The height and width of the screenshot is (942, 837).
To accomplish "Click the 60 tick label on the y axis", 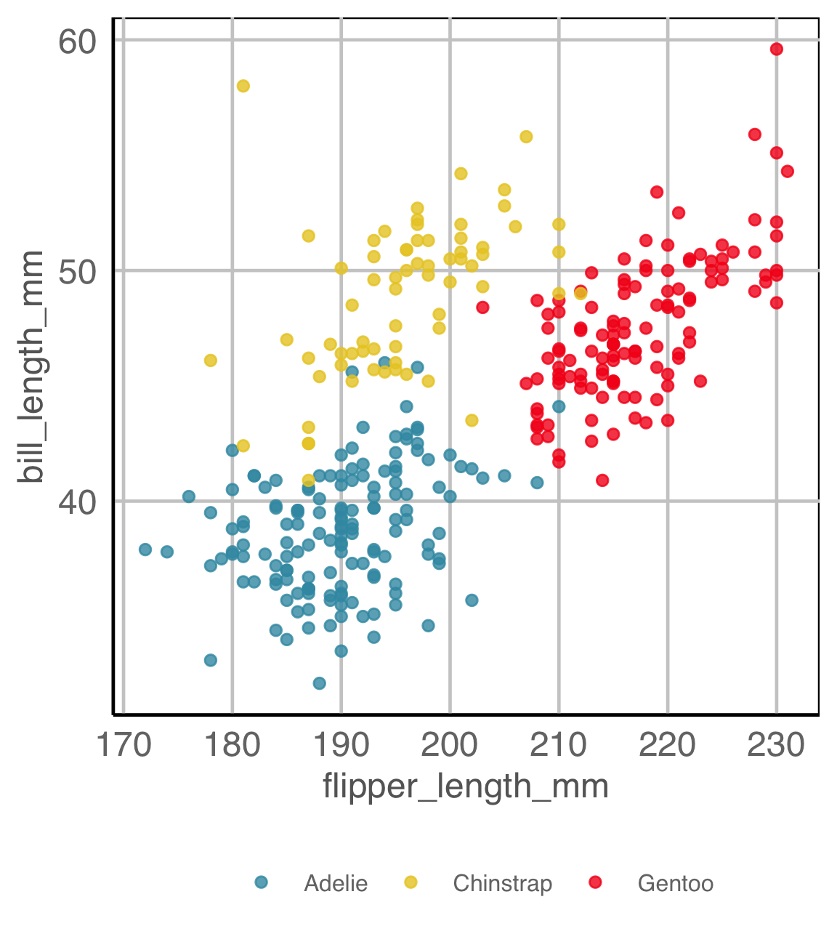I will click(77, 41).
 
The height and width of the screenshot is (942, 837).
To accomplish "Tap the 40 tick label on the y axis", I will click(77, 502).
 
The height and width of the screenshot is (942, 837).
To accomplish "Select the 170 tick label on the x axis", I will click(124, 745).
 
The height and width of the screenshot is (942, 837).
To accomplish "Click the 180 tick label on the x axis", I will click(232, 745).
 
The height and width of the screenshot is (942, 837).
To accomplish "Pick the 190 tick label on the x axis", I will click(341, 745).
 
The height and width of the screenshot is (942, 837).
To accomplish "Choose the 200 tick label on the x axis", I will click(450, 745).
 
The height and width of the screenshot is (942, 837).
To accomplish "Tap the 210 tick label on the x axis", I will click(559, 745).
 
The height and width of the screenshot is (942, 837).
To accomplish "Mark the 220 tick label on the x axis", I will click(668, 745).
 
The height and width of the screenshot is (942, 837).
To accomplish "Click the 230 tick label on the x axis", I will click(777, 745).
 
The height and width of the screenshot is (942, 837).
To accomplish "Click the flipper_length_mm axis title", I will click(466, 786).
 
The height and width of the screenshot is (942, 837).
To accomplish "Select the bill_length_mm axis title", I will click(32, 367).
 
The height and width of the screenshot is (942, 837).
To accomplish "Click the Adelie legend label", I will click(336, 883).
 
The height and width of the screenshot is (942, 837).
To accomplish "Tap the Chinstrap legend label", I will click(503, 883).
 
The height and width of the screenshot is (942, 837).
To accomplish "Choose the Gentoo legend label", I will click(676, 883).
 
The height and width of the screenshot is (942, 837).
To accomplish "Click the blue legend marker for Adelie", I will click(262, 882).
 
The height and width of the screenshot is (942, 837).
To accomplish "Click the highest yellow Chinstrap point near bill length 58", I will click(243, 86).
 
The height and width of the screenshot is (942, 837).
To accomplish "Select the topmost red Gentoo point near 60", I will click(777, 49).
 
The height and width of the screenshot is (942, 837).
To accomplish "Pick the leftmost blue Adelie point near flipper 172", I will click(145, 549).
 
